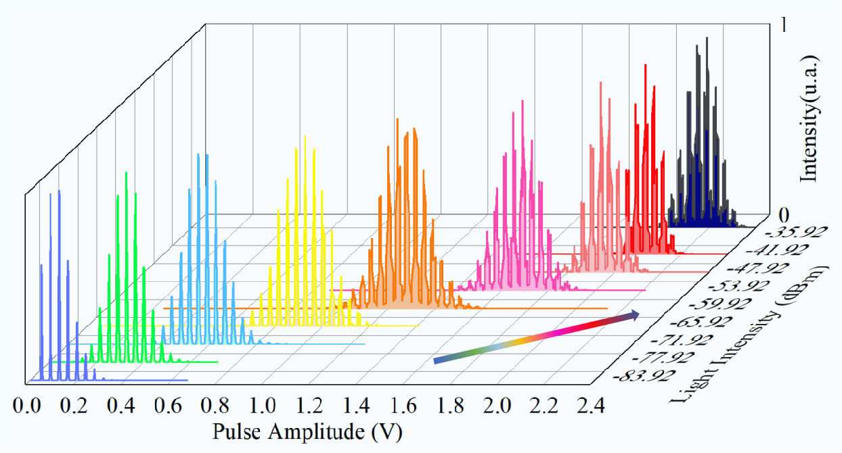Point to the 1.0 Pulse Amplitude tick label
coord(262,406)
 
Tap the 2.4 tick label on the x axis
coord(590,406)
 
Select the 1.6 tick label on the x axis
coord(403,406)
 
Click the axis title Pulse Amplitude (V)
coord(311,431)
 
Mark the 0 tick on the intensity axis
coord(784,216)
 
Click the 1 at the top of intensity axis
coord(783,25)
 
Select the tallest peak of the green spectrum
coord(126,174)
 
